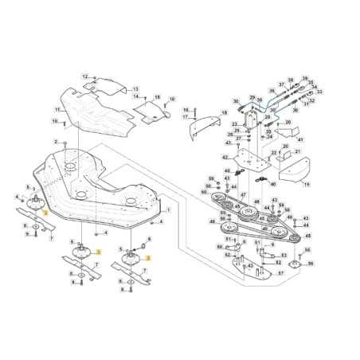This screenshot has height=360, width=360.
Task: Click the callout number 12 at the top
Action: pyautogui.click(x=84, y=76)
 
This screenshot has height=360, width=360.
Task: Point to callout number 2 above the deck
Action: pyautogui.click(x=55, y=141)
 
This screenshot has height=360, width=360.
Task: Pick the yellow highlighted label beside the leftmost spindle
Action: pyautogui.click(x=45, y=213)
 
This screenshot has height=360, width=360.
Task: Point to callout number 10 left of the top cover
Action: pyautogui.click(x=55, y=121)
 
